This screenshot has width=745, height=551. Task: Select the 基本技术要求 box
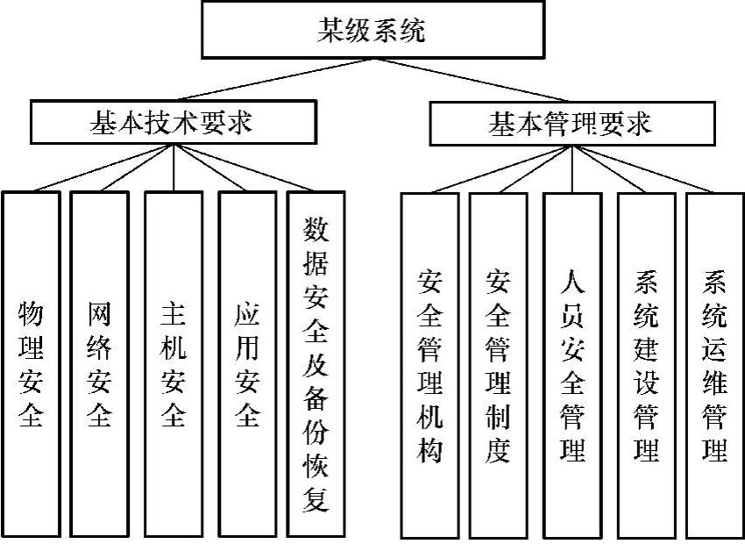(172, 123)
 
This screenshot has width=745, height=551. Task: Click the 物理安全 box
(31, 363)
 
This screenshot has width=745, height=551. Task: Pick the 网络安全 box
(99, 363)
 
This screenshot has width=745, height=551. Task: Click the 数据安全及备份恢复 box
(316, 363)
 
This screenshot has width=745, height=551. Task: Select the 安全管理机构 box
(429, 365)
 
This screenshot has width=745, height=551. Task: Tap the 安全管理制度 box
(498, 365)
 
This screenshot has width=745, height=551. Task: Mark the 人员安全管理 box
(572, 365)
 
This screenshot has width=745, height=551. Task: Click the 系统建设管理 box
(646, 365)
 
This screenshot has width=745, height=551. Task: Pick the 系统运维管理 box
(714, 365)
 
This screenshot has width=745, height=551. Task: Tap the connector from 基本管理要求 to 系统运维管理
(649, 168)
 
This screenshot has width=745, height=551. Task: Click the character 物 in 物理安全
(31, 314)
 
